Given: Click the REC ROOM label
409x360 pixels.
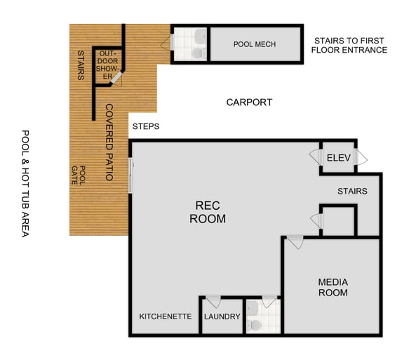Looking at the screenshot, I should pos(208,212).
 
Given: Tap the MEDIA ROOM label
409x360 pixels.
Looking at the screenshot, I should pos(333,287).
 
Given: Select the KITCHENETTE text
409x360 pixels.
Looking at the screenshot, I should pos(166,316).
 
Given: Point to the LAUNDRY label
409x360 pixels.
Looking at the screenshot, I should pos(222,316).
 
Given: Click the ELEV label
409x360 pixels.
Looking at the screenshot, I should pos(337,157).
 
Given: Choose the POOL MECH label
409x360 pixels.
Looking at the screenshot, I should pos(254,45).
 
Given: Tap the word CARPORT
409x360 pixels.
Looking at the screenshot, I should pos(249,102).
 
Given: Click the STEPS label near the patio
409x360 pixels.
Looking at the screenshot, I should pos(145,127).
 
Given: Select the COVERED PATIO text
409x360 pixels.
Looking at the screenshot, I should pos(109,142).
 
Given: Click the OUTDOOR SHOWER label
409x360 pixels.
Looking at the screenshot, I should pos(109,65).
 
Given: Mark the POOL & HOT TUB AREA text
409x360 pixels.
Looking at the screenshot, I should pos(25,183).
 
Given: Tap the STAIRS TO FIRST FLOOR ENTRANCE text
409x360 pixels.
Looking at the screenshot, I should pos(349,45).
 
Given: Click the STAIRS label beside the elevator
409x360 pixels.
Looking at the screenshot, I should pos(352,191).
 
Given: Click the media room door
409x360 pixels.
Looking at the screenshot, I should pos(295,242).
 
